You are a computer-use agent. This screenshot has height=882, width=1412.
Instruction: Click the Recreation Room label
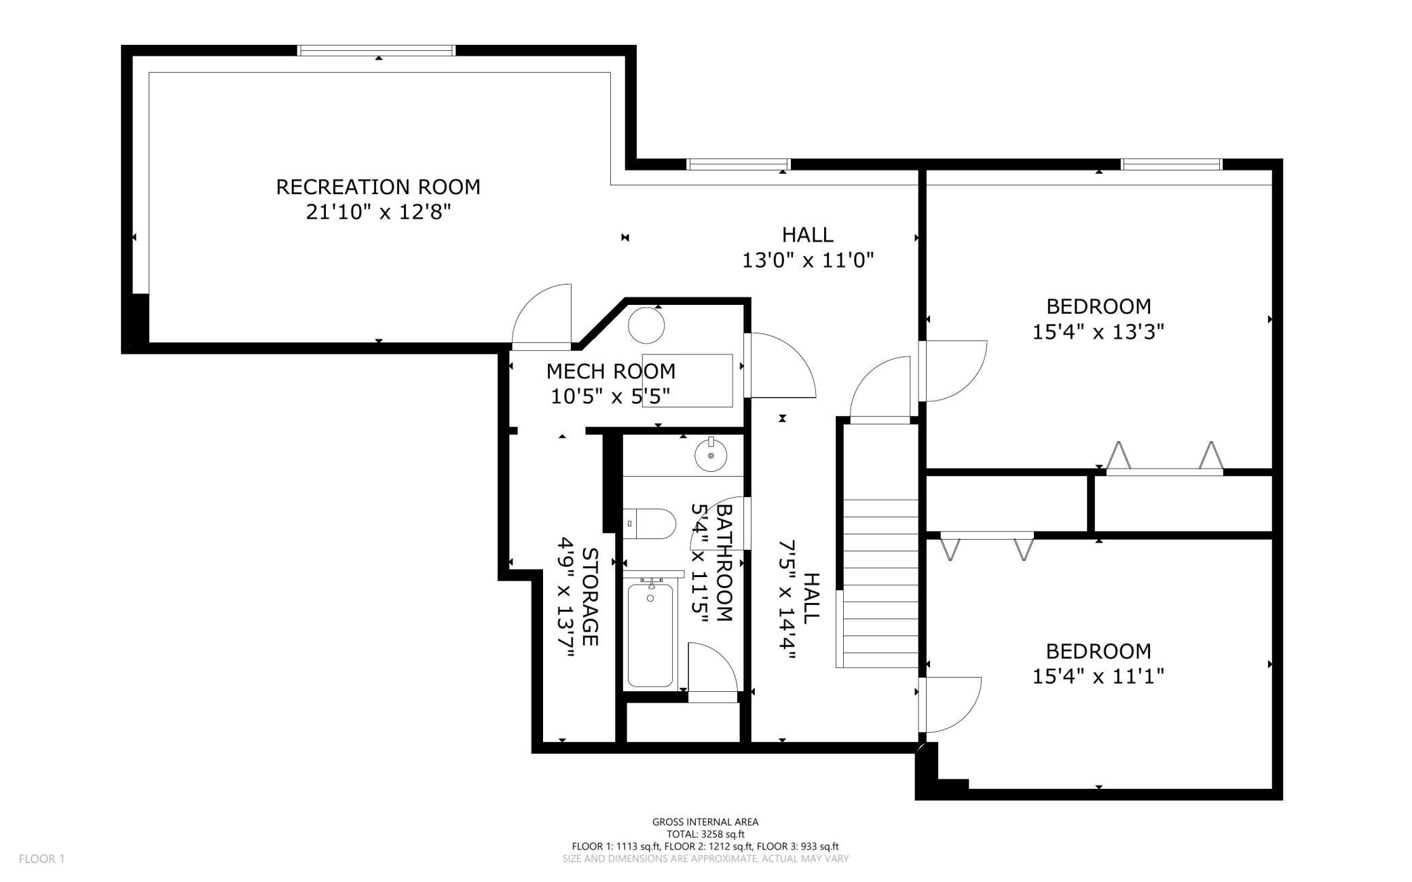[378, 187]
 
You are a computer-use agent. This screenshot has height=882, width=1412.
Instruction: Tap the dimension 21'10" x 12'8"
[378, 213]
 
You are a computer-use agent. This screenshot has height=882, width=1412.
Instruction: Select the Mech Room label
[611, 371]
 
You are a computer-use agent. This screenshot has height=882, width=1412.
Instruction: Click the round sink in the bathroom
[711, 454]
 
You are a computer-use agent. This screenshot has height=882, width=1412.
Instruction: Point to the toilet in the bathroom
[650, 523]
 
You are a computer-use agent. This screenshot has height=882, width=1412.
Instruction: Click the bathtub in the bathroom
[650, 635]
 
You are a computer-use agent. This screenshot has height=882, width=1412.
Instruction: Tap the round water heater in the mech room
[646, 325]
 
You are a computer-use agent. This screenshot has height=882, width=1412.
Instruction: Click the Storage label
[590, 597]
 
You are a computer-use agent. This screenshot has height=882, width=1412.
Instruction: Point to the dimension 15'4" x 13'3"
[1098, 332]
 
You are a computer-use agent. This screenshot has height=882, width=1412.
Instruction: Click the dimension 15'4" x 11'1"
[1098, 676]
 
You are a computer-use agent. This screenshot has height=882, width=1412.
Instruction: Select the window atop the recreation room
[376, 50]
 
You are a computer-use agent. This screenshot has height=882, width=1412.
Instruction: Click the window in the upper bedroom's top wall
[1171, 164]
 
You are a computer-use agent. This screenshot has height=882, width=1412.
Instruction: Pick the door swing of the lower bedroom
[951, 705]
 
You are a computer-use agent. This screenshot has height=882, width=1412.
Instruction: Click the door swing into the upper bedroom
[954, 371]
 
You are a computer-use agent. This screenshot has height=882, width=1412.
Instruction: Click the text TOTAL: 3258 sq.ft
[705, 834]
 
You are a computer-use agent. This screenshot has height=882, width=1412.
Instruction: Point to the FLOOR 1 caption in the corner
[41, 859]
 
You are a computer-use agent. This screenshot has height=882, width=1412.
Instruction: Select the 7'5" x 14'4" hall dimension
[787, 600]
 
